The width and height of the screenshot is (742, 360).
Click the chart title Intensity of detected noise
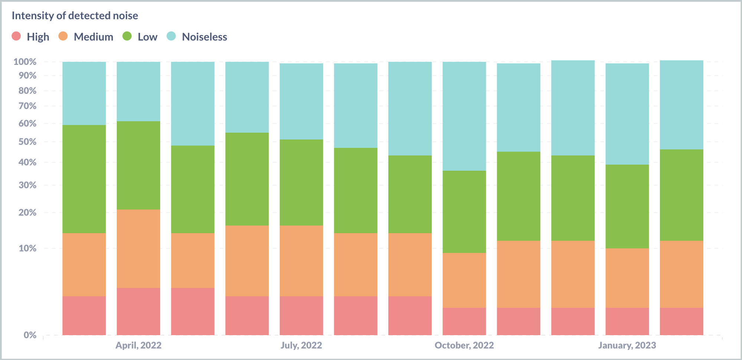(x=75, y=16)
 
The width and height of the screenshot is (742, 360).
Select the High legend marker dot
(x=16, y=36)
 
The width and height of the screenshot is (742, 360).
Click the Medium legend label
(x=93, y=37)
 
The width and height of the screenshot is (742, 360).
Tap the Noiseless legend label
(x=204, y=37)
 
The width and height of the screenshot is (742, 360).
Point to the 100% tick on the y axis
(x=25, y=62)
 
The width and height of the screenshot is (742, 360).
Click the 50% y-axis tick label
(x=27, y=142)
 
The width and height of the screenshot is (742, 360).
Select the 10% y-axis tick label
(x=27, y=248)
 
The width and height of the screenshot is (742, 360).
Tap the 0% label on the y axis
(x=30, y=335)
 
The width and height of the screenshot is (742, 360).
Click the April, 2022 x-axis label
(x=138, y=346)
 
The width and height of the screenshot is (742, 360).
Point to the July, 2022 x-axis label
(x=301, y=346)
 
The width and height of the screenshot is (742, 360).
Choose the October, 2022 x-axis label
(x=464, y=346)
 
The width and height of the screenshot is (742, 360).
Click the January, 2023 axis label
(x=627, y=346)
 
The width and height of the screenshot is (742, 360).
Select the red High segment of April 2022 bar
(x=138, y=311)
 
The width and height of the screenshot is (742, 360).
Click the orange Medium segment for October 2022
(x=464, y=280)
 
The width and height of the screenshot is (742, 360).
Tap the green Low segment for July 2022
(x=301, y=182)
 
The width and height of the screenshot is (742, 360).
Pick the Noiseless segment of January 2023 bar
(x=627, y=114)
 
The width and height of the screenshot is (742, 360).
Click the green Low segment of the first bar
(x=84, y=179)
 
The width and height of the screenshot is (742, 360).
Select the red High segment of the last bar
(x=682, y=321)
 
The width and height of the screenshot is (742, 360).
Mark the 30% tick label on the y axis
(x=27, y=185)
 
